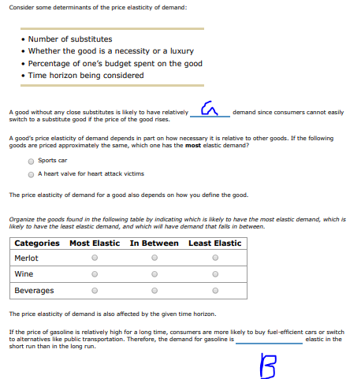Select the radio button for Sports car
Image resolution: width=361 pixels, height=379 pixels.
click(x=31, y=161)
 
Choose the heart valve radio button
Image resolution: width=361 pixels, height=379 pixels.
click(x=31, y=174)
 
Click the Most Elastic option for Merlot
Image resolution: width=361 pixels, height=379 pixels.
click(x=95, y=258)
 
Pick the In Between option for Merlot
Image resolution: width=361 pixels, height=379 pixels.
click(x=154, y=258)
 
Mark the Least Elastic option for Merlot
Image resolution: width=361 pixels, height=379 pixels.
click(x=214, y=258)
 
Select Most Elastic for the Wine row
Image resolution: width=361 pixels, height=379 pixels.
click(x=95, y=274)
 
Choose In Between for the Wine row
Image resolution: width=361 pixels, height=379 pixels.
click(x=154, y=274)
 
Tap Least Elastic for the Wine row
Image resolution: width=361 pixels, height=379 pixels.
click(x=214, y=274)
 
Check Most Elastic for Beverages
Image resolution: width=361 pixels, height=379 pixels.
click(x=95, y=291)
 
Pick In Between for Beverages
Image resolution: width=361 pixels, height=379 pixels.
click(x=154, y=291)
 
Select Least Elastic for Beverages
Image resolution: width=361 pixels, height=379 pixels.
click(x=214, y=291)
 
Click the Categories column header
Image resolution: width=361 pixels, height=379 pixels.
click(x=37, y=243)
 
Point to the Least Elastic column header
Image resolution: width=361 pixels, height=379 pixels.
click(x=214, y=243)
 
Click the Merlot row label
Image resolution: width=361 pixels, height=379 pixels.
click(x=27, y=258)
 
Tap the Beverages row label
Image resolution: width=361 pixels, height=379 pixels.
click(x=34, y=291)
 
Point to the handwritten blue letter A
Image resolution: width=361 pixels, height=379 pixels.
click(x=209, y=109)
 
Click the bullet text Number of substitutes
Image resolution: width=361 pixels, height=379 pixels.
click(x=70, y=39)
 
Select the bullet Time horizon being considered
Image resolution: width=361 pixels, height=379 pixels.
click(x=86, y=76)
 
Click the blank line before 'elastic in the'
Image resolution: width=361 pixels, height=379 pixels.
click(x=269, y=341)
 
